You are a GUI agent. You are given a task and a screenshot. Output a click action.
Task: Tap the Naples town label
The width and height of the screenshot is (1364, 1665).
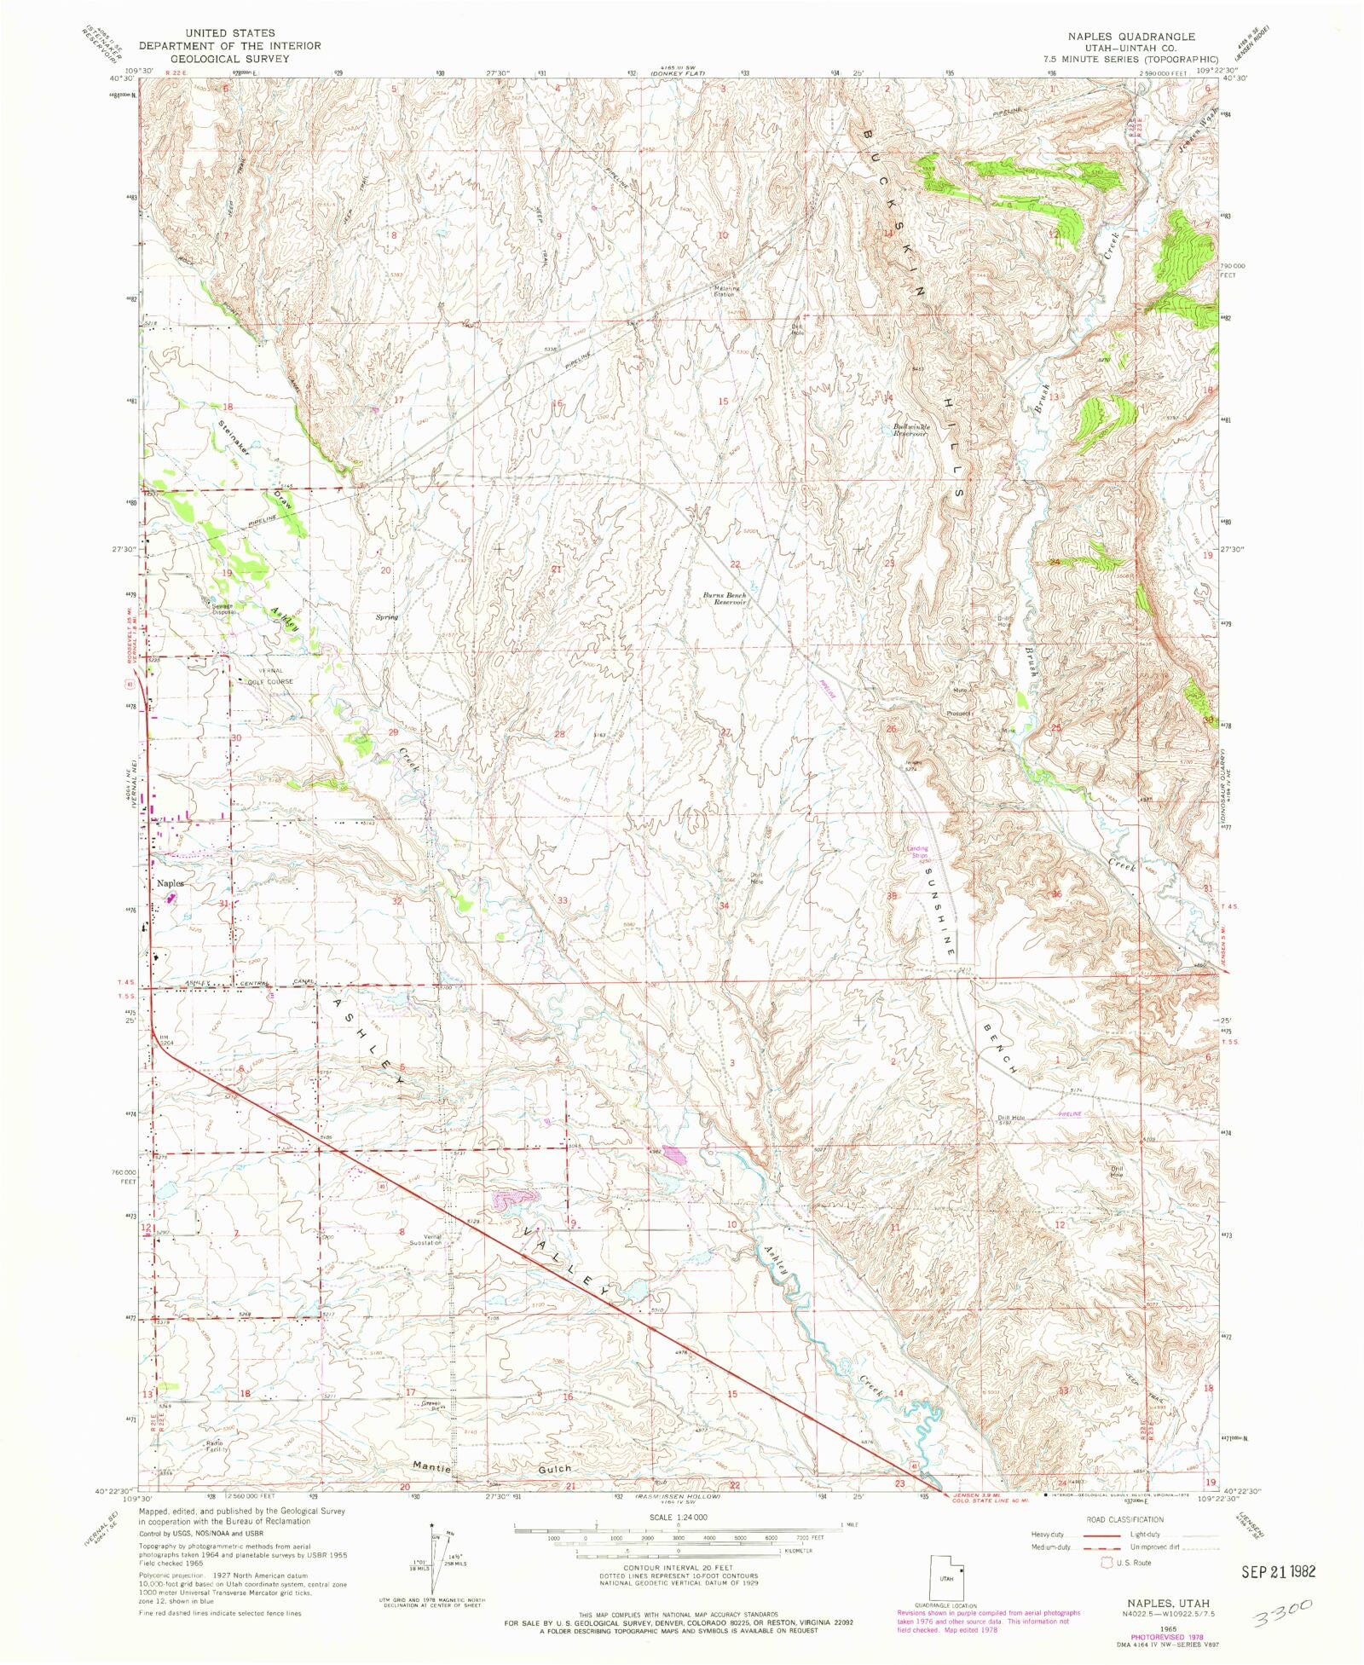pos(170,883)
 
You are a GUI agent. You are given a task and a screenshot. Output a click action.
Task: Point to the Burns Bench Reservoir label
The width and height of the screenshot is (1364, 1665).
pos(725,598)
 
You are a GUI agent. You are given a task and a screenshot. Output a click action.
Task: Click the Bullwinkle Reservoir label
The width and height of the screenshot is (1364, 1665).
pos(910,430)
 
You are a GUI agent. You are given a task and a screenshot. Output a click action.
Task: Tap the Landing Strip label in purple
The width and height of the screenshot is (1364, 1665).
pos(917,851)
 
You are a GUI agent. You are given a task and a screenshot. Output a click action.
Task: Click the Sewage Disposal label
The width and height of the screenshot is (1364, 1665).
pos(223,609)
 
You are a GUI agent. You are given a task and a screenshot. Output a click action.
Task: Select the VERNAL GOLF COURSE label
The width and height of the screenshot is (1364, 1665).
pos(269,676)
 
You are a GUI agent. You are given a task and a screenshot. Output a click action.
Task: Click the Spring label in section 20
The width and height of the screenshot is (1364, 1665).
pos(387,616)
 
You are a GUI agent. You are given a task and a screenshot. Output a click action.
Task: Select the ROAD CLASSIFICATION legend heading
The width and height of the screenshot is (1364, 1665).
pos(1124,1520)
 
